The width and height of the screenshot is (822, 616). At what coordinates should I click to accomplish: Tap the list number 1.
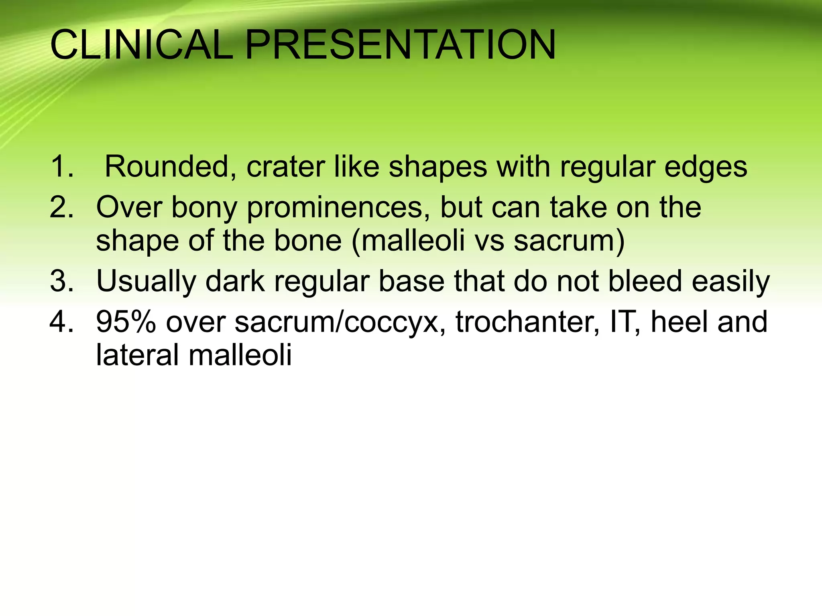coord(62,166)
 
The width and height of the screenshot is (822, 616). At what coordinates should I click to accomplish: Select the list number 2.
coord(62,207)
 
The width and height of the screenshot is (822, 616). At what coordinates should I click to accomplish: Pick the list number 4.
coord(62,322)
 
